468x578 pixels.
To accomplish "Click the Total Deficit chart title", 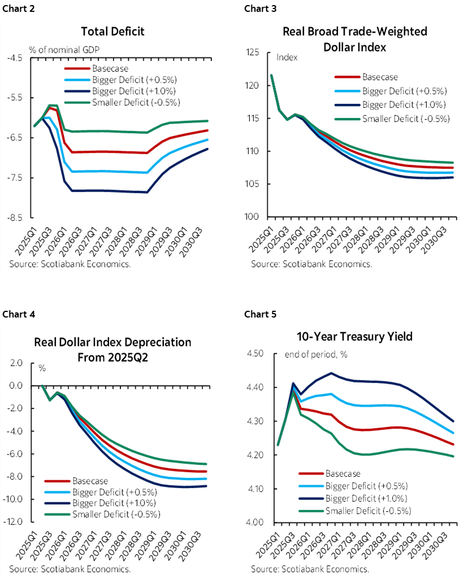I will [112, 31].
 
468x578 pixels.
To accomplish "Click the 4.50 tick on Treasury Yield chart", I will [255, 354].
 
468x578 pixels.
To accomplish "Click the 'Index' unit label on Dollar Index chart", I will [287, 57].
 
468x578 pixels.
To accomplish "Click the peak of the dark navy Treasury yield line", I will [331, 373].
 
